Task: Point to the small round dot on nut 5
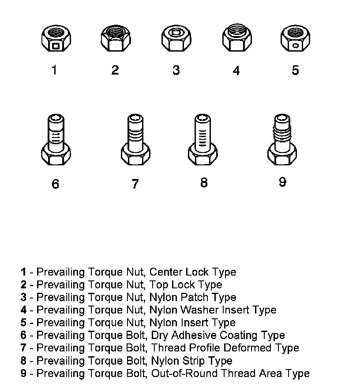(x=295, y=45)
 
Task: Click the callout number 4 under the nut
(x=236, y=71)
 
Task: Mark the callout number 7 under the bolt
(x=135, y=183)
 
